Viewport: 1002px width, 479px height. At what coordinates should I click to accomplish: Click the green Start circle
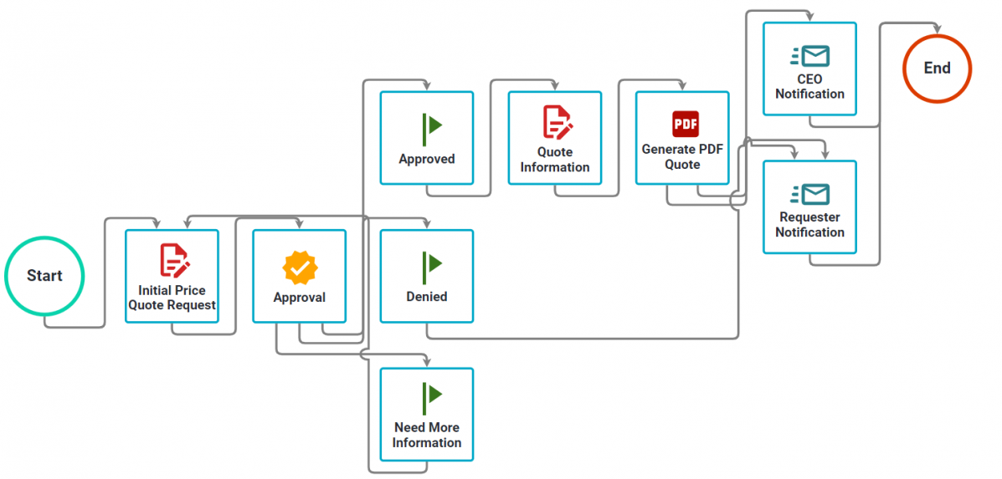coord(5,276)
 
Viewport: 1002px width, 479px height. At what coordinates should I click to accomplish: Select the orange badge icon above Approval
coord(299,268)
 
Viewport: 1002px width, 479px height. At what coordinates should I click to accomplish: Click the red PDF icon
coord(686,124)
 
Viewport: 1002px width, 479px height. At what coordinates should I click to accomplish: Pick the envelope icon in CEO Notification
coord(809,56)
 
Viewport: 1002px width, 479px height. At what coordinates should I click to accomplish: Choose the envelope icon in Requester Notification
coord(809,194)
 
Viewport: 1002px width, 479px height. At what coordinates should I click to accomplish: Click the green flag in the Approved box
coord(430,130)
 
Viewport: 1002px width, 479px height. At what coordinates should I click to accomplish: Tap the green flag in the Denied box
coord(430,268)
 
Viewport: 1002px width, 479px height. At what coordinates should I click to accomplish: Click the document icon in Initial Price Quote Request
coord(174,260)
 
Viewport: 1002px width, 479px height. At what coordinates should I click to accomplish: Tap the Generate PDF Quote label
coord(682,157)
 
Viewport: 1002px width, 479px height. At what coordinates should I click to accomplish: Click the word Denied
coord(427,297)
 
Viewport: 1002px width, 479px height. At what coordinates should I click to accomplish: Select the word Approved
coord(427,159)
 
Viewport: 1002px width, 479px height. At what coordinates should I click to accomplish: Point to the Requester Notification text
coord(809,225)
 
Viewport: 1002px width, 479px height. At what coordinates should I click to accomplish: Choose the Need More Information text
coord(427,435)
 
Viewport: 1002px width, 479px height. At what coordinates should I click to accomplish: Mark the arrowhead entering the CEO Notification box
coord(810,17)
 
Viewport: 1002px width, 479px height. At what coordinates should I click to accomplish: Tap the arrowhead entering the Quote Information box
coord(555,85)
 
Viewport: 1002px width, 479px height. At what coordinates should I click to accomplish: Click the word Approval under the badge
coord(299,298)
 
